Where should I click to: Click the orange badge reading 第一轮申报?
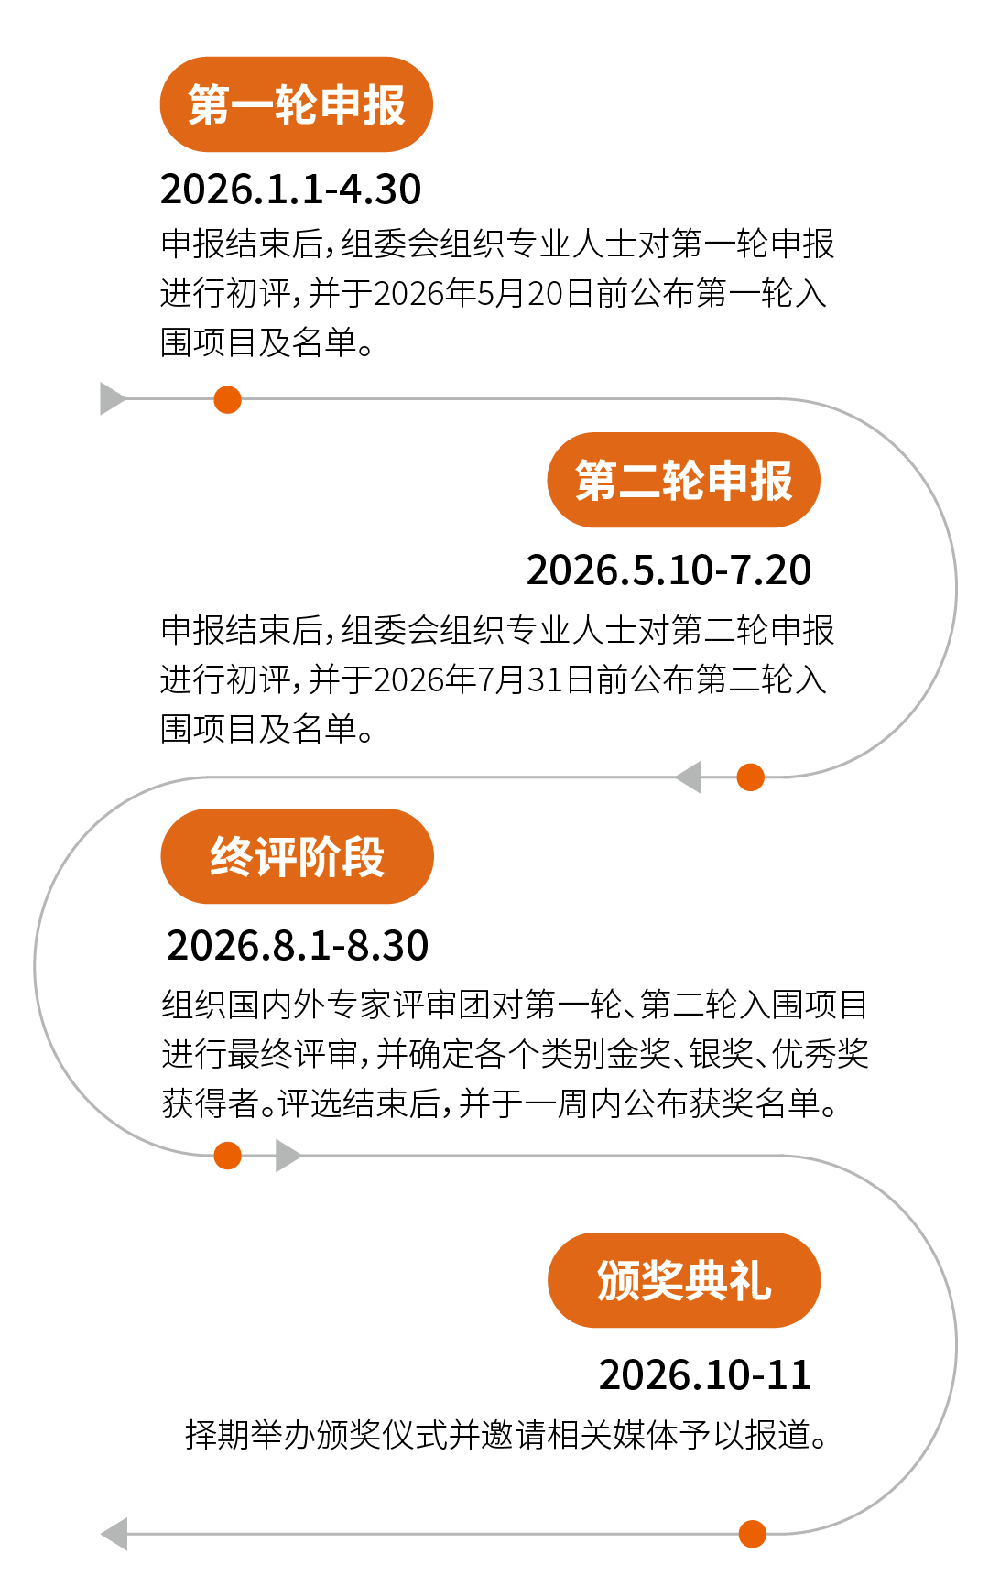[x=296, y=104]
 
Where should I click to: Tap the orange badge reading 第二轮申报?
[x=683, y=481]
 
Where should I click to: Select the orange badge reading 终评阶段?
[x=297, y=857]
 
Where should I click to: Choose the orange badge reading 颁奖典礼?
[x=683, y=1280]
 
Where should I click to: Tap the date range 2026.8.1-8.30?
[x=298, y=946]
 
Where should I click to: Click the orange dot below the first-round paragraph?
[x=227, y=400]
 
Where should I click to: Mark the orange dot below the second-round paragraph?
[x=750, y=777]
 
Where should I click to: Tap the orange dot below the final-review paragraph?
[x=227, y=1156]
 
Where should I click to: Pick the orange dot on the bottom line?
[x=752, y=1534]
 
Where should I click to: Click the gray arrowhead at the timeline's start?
[x=112, y=399]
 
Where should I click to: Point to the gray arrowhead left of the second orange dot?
[x=690, y=777]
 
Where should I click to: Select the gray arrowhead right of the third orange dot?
[x=288, y=1156]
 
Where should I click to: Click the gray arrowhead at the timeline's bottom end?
[x=114, y=1534]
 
